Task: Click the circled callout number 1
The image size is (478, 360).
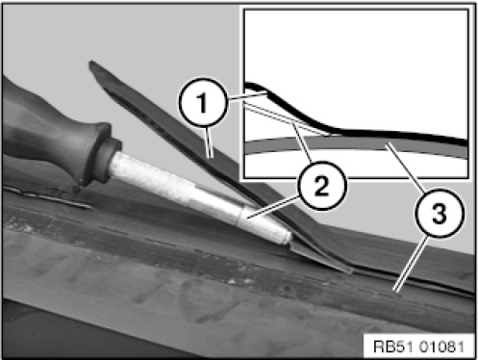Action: [203, 102]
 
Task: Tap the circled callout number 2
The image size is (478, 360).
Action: [322, 186]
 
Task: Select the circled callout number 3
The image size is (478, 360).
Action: [440, 213]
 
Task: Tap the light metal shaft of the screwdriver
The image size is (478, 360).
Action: [199, 196]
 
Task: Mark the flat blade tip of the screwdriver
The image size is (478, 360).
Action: [320, 258]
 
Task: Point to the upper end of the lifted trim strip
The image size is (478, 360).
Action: [92, 64]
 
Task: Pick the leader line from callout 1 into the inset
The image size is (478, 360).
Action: [247, 95]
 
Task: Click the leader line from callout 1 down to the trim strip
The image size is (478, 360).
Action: [209, 141]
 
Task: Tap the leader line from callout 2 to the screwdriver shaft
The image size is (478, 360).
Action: [272, 208]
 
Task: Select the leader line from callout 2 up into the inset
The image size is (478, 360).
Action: [303, 143]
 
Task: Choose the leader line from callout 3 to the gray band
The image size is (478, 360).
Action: [406, 167]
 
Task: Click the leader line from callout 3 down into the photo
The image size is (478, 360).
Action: [412, 264]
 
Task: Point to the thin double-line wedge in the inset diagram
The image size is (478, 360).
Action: [287, 119]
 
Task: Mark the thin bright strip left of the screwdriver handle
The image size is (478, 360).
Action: [45, 197]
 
